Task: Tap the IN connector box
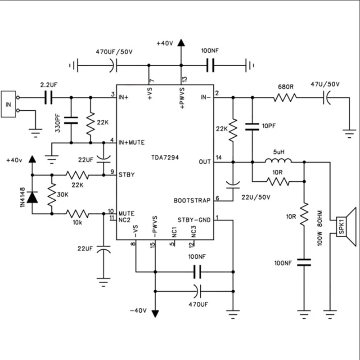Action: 9,104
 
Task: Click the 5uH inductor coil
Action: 277,162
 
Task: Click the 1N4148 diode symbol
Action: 32,197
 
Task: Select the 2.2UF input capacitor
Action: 49,97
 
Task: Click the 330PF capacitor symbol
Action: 71,120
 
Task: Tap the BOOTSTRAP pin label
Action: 193,200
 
